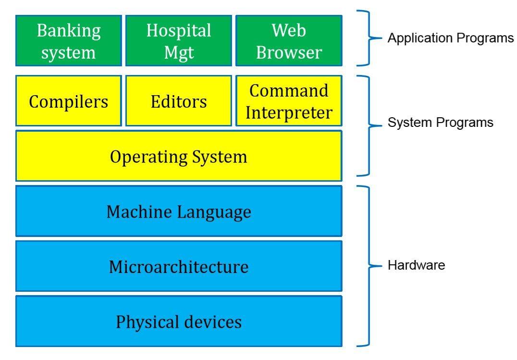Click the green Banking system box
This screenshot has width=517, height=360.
click(69, 40)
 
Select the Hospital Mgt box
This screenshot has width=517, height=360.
click(179, 40)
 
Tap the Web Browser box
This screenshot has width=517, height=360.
click(289, 40)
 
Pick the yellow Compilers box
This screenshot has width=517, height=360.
click(69, 101)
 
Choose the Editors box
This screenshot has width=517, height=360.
click(179, 101)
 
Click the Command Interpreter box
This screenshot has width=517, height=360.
click(289, 101)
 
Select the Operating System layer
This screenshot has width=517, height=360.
click(179, 156)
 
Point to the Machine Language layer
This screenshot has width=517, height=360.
click(179, 211)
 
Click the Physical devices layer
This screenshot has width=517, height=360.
click(179, 321)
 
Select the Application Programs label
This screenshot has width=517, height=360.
click(450, 38)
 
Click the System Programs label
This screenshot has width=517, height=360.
click(440, 123)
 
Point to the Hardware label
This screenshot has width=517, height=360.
click(416, 265)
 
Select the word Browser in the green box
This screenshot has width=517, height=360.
click(289, 52)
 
